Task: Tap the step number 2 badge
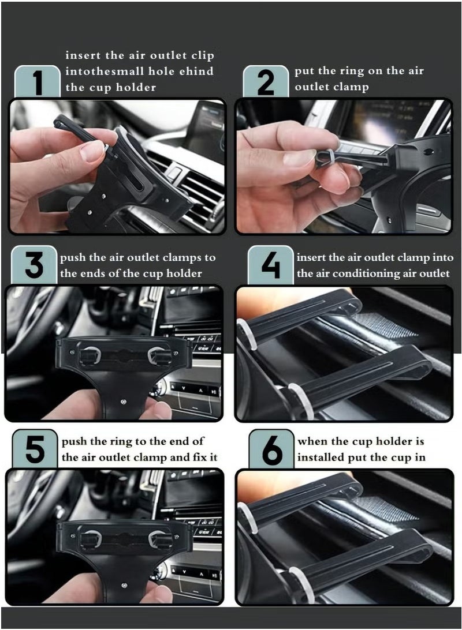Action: pyautogui.click(x=266, y=82)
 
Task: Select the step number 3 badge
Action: pyautogui.click(x=34, y=266)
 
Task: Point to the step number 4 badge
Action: pyautogui.click(x=271, y=266)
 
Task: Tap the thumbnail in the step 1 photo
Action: pyautogui.click(x=92, y=151)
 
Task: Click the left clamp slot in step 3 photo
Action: pyautogui.click(x=90, y=355)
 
